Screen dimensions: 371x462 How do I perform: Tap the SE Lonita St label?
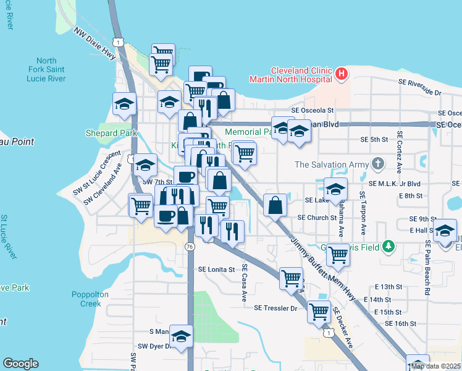click(217, 270)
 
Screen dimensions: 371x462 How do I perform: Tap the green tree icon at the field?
click(388, 246)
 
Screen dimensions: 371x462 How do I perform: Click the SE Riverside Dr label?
click(420, 87)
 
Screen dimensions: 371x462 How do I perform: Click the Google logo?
click(20, 364)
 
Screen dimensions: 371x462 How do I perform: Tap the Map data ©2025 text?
click(435, 366)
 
